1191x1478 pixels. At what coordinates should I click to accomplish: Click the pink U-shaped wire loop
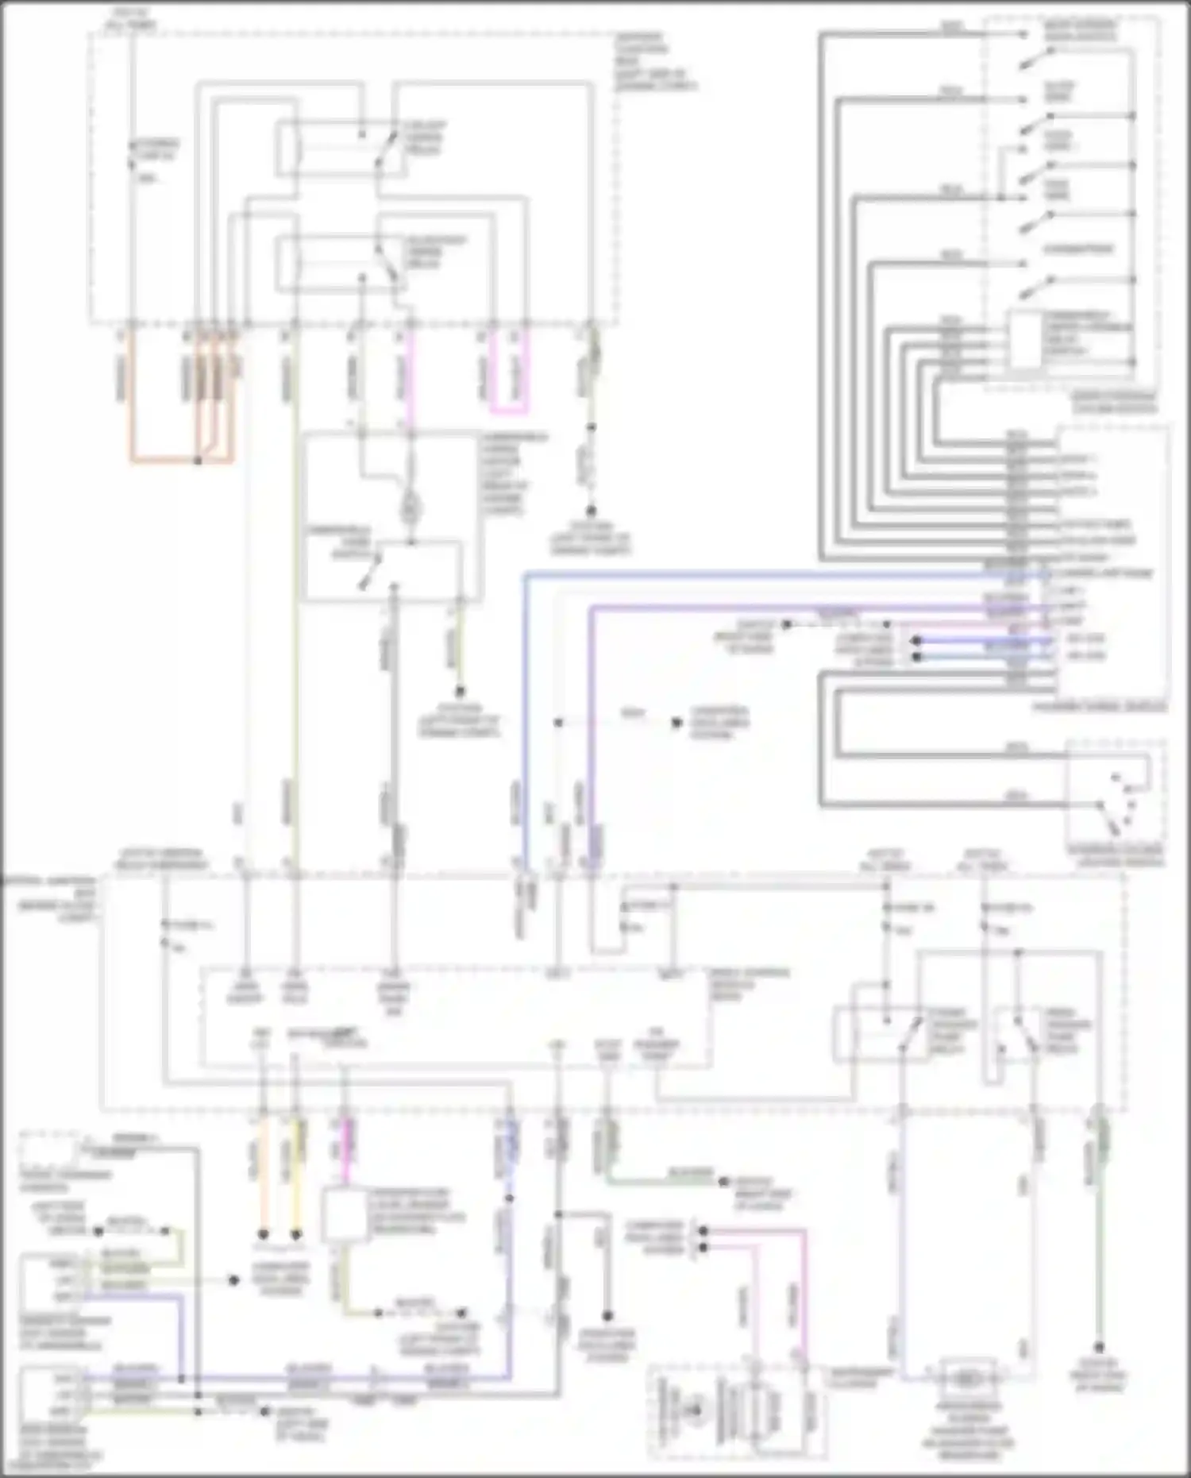coord(509,410)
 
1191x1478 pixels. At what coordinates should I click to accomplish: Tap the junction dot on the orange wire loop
coord(198,460)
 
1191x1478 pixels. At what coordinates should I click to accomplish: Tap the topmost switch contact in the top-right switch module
coord(1039,56)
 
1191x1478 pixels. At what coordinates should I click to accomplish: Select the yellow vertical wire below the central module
coord(297,1175)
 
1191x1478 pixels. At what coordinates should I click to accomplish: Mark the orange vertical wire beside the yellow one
coord(263,1175)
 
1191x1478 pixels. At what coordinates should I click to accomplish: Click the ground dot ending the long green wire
coord(1100,1347)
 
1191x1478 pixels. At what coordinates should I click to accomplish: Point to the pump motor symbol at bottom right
coord(969,1380)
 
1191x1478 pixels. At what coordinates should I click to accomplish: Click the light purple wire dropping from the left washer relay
coord(901,1239)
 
